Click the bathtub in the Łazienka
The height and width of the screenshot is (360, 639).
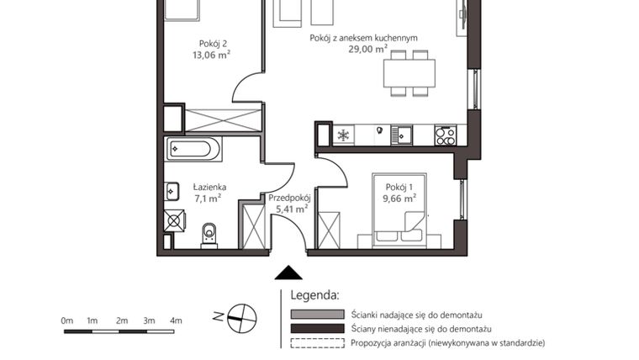click(x=193, y=150)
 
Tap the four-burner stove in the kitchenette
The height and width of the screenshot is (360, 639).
click(x=444, y=135)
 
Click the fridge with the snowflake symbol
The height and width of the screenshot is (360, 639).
click(x=342, y=135)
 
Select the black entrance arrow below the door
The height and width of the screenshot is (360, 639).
click(x=288, y=273)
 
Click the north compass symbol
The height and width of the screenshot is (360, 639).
click(x=241, y=316)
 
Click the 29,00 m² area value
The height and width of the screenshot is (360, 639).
click(x=367, y=50)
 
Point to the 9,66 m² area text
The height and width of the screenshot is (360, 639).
click(x=399, y=199)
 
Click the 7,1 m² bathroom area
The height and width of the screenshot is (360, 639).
click(x=208, y=199)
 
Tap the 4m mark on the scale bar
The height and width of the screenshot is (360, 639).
click(x=175, y=320)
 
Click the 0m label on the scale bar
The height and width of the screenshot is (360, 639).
click(x=66, y=320)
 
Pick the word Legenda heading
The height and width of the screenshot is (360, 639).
click(x=314, y=295)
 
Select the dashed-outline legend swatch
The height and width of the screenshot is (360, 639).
click(x=316, y=342)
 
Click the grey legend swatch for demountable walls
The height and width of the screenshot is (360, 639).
click(x=316, y=314)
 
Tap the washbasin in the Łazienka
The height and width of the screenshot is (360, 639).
click(x=172, y=190)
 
